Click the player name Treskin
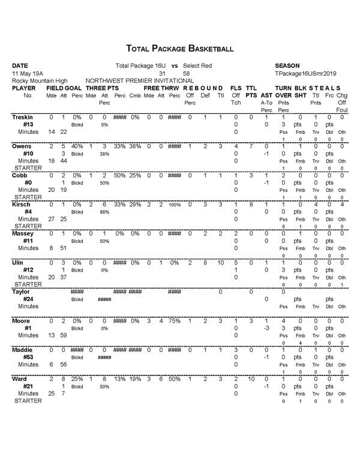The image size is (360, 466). [22, 117]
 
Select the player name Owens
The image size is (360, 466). [21, 146]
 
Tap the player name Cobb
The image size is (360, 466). [20, 176]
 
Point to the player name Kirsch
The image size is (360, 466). [21, 205]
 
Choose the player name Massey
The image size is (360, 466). [22, 234]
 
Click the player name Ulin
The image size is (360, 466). [18, 263]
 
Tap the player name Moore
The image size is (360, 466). [21, 321]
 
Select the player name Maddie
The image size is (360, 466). [22, 350]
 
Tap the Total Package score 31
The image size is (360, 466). [161, 73]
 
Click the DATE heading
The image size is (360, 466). [20, 65]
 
